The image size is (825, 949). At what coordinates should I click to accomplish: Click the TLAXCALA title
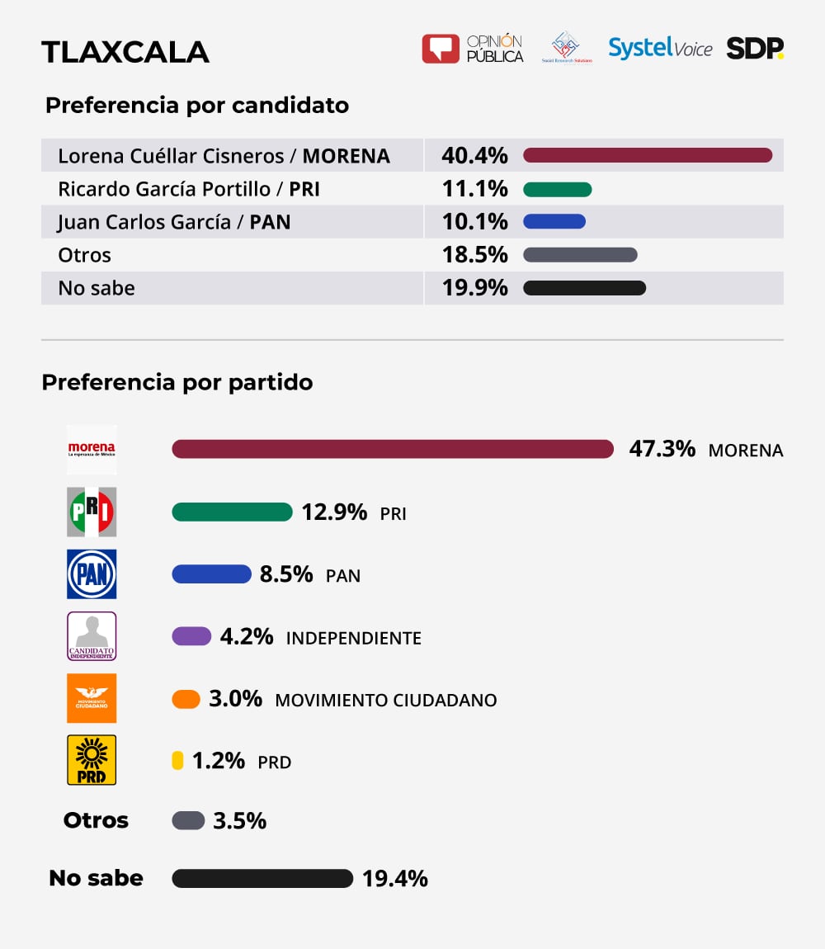(125, 52)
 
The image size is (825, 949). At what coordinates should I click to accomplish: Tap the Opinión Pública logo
(473, 49)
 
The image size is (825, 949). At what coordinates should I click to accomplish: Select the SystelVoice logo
(660, 48)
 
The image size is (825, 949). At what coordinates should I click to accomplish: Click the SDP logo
(754, 49)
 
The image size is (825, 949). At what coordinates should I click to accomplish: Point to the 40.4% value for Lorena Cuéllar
(474, 155)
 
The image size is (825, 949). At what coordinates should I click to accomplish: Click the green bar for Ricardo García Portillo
(558, 189)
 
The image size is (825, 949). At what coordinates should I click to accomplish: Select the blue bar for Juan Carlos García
(554, 221)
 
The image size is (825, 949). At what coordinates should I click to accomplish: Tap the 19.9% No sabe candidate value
(474, 288)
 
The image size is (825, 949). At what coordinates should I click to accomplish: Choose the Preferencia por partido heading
(177, 383)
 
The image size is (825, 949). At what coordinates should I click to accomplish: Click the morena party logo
(92, 450)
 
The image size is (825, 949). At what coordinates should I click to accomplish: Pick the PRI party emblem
(92, 512)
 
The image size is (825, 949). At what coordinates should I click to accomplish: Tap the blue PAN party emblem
(92, 574)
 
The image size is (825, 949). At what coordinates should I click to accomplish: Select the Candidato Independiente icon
(92, 635)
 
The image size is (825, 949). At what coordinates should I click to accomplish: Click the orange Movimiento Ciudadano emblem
(92, 698)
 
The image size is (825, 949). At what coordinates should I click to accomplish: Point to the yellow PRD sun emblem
(92, 759)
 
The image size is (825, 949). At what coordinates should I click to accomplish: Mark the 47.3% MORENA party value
(662, 449)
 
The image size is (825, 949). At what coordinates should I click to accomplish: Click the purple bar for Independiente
(191, 636)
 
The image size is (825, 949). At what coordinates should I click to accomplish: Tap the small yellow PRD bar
(177, 761)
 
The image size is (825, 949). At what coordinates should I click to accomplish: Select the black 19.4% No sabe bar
(262, 878)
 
